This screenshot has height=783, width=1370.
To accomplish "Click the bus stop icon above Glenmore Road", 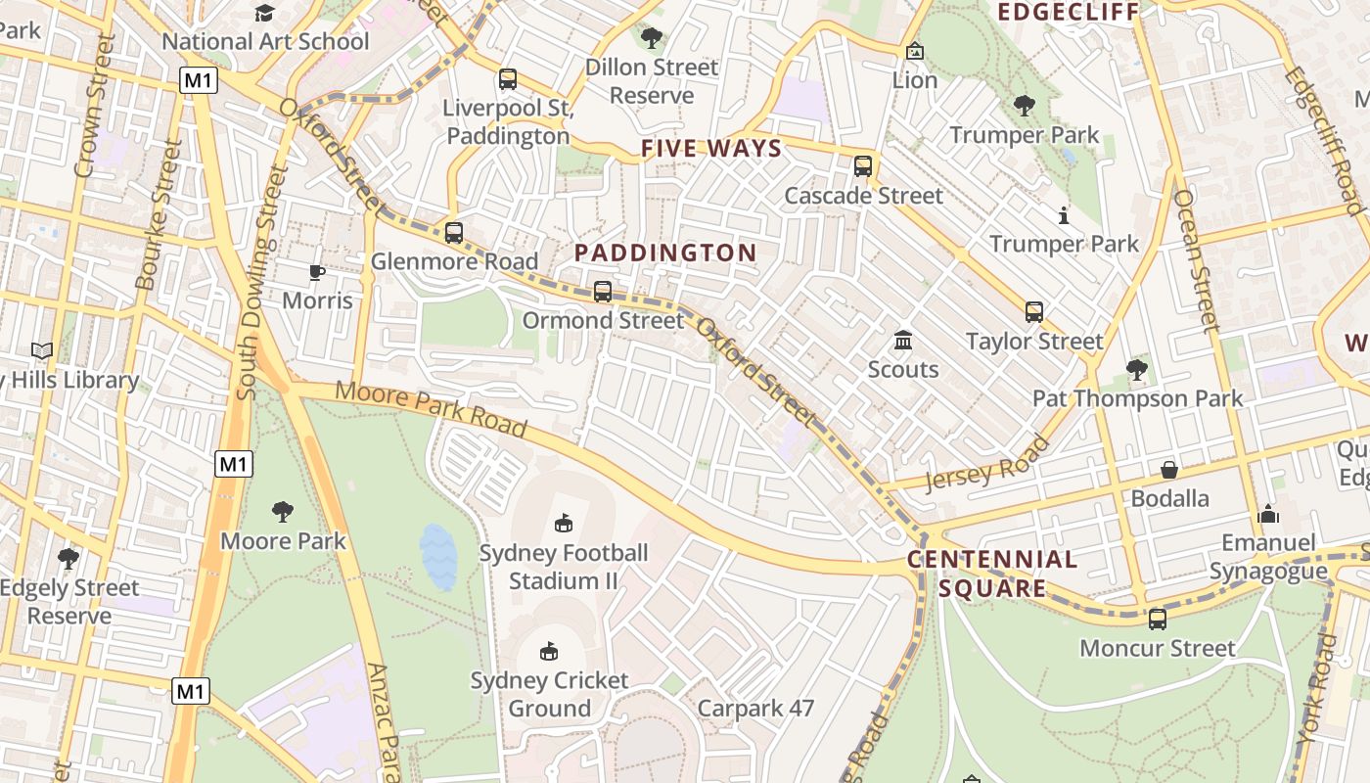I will click(453, 233).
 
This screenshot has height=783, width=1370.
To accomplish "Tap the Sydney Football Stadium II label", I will click(564, 567).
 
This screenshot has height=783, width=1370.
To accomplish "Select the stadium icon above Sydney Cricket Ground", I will click(549, 651).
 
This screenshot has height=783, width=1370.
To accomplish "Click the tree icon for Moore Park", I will click(283, 511).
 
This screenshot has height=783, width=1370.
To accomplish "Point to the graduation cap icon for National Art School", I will click(264, 13).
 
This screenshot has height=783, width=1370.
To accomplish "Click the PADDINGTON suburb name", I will click(665, 253).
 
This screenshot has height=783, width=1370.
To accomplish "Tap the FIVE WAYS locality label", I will click(711, 149).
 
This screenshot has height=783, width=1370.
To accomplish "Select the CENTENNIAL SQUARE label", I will click(991, 574).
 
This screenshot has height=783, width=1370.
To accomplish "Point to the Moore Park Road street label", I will click(432, 409).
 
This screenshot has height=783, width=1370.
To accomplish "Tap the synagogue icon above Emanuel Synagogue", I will click(1268, 514).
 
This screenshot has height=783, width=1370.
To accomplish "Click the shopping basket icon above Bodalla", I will click(1169, 470).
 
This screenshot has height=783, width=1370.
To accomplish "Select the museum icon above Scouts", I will click(903, 341).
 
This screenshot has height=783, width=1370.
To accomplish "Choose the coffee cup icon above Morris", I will click(316, 272).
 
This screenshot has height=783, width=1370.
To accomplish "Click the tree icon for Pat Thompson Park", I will click(1136, 370).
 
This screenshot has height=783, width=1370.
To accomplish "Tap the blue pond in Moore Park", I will click(437, 557).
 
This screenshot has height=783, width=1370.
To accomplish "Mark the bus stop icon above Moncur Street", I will click(1158, 620).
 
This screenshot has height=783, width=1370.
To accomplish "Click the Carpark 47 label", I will click(755, 708).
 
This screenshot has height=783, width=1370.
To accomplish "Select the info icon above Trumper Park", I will click(1064, 215).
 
